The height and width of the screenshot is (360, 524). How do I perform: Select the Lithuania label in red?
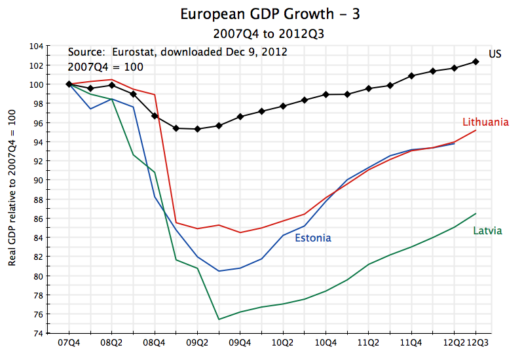[485, 122]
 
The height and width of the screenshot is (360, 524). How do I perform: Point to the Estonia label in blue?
[313, 238]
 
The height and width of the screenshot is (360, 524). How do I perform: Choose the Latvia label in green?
[487, 231]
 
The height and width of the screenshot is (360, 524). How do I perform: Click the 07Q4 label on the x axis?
[69, 343]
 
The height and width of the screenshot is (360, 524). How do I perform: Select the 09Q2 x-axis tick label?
[197, 343]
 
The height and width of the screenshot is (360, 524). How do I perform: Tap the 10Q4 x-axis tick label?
[326, 343]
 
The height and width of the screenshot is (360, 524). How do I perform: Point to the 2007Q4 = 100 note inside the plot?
[105, 67]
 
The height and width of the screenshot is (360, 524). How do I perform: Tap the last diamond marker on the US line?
[476, 62]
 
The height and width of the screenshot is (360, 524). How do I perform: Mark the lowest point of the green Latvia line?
[219, 319]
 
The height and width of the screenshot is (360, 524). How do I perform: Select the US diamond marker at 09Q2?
[197, 129]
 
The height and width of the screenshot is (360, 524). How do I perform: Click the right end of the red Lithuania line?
[476, 130]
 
